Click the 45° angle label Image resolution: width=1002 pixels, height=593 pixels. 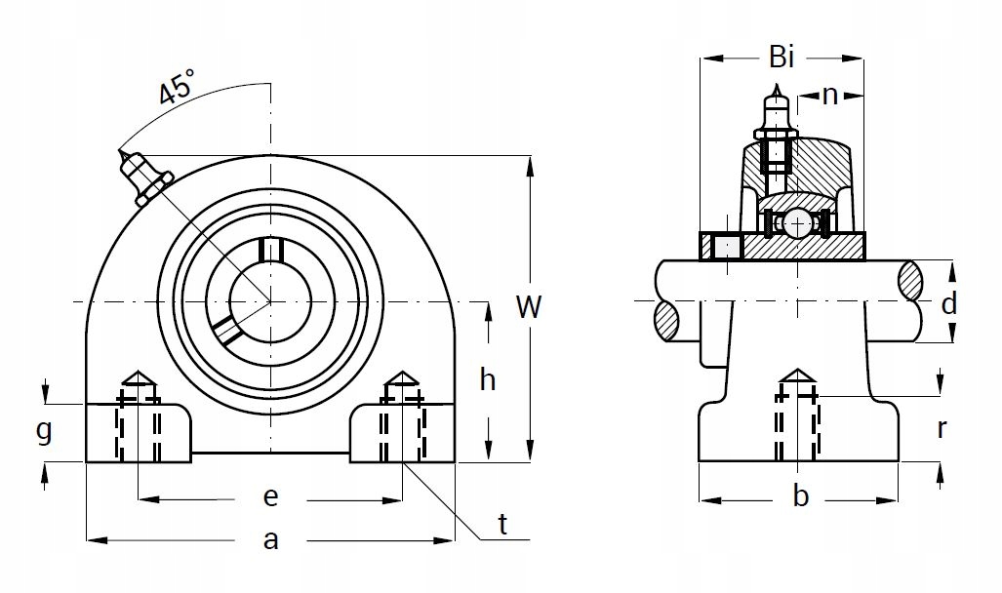(176, 89)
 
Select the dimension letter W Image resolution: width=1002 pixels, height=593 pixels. (528, 307)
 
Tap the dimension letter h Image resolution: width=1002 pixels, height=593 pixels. (487, 379)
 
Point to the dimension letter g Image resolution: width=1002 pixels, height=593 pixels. (44, 431)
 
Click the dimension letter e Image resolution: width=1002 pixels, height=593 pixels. (271, 497)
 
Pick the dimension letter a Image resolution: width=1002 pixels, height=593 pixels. (271, 539)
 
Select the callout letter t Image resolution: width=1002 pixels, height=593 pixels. (502, 526)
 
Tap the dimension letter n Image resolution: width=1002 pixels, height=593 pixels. (830, 95)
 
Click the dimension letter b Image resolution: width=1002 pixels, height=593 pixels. (800, 497)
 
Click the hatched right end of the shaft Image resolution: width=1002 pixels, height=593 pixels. (910, 281)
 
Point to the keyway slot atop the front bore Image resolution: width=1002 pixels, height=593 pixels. (269, 251)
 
